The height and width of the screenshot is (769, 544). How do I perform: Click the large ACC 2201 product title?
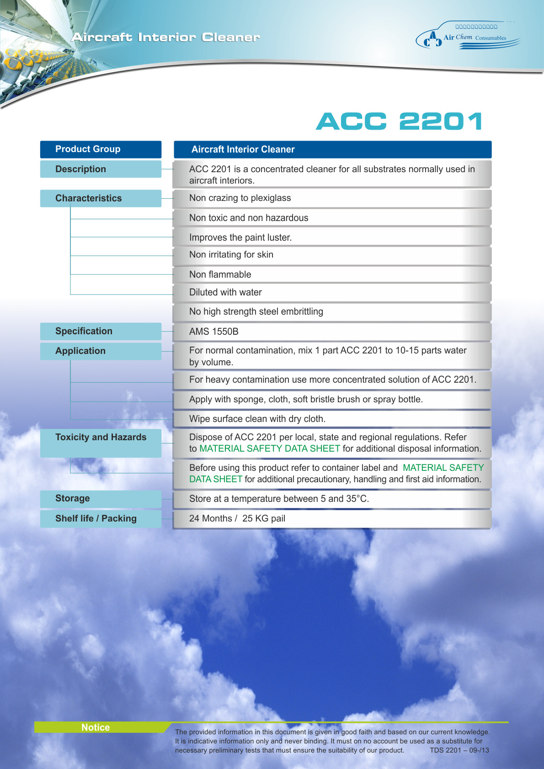399,121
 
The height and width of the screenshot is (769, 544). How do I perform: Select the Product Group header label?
88,149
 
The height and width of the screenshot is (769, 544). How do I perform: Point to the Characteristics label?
89,199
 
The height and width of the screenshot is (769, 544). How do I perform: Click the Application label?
80,351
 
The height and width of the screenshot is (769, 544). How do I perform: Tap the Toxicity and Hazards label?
101,437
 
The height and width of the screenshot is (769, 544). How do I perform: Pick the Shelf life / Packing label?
96,519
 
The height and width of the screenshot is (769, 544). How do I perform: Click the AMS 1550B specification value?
214,332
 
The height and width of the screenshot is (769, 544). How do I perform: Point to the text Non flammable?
220,275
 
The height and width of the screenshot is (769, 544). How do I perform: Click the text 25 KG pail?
264,519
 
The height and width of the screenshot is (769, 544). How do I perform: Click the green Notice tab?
96,727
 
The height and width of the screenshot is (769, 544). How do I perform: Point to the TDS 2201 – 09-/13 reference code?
459,750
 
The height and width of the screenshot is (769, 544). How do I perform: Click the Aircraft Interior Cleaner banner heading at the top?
165,37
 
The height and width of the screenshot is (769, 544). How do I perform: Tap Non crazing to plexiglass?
240,198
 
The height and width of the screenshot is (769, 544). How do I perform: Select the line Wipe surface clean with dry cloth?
257,419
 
